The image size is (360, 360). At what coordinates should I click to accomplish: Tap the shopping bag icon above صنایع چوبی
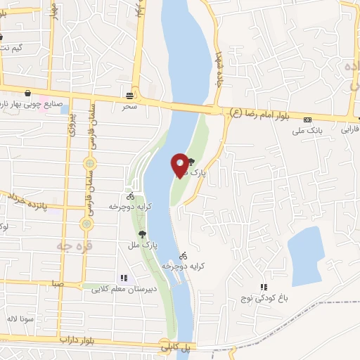tap(27, 93)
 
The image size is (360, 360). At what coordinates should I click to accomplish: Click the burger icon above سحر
tap(129, 96)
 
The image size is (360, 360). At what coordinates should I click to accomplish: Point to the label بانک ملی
tap(307, 129)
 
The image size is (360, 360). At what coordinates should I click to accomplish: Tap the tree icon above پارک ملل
tap(142, 234)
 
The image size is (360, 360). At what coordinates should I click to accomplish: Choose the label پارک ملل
tap(150, 245)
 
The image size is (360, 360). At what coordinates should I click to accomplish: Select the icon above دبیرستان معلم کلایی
tap(124, 278)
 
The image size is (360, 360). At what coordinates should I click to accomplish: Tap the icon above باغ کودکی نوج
tap(264, 287)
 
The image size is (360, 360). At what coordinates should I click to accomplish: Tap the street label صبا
tap(56, 283)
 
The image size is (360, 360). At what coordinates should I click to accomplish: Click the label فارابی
tap(349, 129)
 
